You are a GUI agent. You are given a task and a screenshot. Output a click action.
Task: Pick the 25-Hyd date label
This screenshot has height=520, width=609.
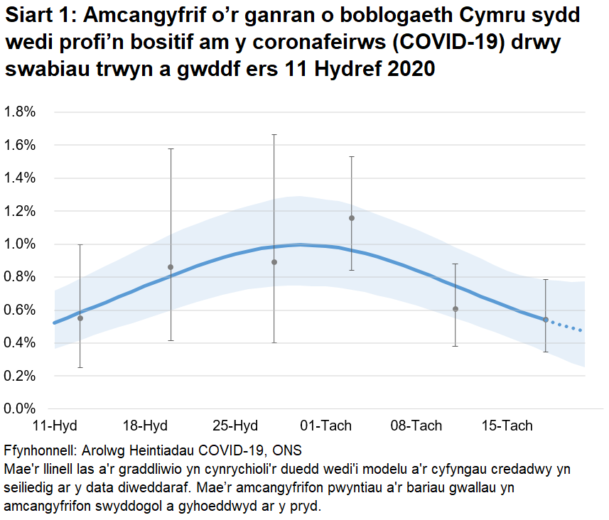[x=235, y=426]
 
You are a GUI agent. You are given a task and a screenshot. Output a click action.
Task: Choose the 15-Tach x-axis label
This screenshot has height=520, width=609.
[x=507, y=426]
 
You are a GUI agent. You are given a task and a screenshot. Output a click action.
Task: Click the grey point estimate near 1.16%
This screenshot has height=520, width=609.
[x=351, y=218]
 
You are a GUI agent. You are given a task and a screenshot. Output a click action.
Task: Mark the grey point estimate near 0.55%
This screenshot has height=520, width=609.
[x=80, y=318]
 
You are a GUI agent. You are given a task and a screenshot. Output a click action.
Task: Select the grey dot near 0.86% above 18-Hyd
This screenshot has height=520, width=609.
[x=171, y=267]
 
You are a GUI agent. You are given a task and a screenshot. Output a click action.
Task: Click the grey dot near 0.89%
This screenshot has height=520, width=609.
[x=274, y=262]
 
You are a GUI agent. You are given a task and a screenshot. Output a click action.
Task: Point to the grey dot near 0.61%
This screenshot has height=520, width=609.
[x=456, y=309]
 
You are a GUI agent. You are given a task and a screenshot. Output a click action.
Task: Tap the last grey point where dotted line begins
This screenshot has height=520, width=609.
[x=546, y=320]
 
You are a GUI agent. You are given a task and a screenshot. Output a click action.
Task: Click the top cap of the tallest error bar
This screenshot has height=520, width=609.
[x=274, y=134]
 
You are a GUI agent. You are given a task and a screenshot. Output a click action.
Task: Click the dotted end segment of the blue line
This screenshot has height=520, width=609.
[x=566, y=326]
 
